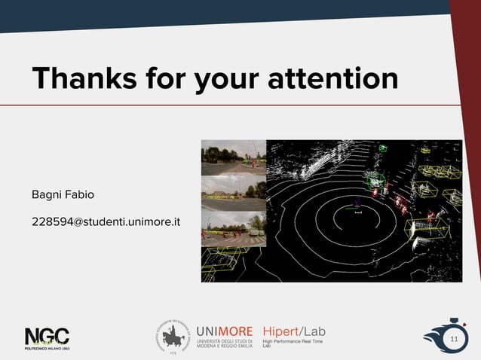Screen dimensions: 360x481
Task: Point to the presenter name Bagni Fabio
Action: (63, 195)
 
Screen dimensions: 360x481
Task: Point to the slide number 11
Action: (454, 340)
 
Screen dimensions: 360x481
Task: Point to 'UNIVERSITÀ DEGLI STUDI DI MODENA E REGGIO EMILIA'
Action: (224, 345)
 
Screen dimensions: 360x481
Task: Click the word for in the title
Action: (163, 78)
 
